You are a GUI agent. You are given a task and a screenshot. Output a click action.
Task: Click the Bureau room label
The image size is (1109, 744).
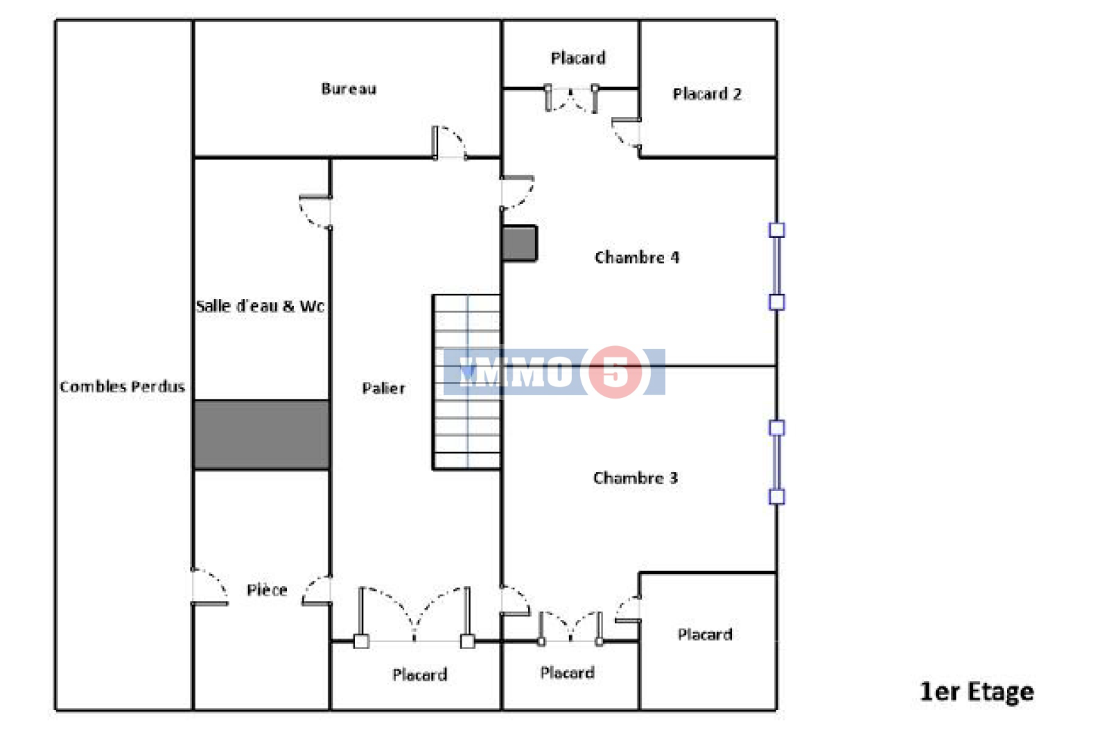tap(349, 89)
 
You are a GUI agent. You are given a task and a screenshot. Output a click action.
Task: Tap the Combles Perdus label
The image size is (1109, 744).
tap(122, 386)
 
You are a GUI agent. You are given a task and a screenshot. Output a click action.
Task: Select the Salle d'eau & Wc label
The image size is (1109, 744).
tap(260, 306)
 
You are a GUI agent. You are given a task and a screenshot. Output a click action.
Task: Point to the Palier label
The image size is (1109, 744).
tap(384, 388)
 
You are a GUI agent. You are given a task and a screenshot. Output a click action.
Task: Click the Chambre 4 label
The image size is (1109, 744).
tap(637, 257)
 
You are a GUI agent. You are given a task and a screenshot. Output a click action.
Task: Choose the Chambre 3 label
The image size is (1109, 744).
tap(635, 478)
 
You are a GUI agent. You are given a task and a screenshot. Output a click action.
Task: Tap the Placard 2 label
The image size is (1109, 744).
tap(707, 94)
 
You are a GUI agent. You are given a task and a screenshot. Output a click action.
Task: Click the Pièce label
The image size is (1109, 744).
tap(267, 589)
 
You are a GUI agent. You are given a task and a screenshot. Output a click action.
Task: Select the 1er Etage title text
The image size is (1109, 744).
tap(977, 691)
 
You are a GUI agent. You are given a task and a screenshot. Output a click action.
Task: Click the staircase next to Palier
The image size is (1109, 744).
tap(467, 382)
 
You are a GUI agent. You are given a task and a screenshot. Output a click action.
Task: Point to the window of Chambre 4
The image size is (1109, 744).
tap(777, 266)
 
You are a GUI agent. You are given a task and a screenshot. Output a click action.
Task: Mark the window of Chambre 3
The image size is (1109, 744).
tap(777, 462)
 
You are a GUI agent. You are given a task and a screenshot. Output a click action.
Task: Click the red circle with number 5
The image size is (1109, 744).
tap(615, 372)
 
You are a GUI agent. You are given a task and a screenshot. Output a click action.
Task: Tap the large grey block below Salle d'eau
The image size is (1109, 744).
tap(261, 435)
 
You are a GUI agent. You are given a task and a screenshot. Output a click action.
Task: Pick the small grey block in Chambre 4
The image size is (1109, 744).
tap(519, 243)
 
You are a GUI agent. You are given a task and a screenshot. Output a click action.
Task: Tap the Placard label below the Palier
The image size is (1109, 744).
tap(420, 675)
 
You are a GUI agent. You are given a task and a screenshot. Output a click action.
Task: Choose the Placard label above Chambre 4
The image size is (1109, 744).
tap(578, 58)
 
